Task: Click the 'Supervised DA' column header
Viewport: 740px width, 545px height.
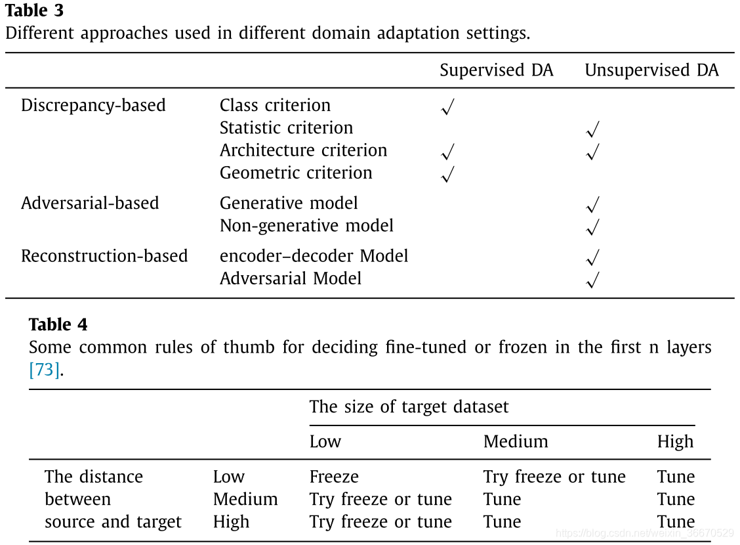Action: [496, 70]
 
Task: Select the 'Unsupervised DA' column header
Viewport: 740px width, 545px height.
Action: [651, 70]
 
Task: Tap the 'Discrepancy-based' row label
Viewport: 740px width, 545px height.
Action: [93, 105]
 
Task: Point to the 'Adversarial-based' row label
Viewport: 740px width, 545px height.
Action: [90, 203]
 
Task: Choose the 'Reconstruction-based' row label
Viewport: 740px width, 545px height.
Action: [104, 255]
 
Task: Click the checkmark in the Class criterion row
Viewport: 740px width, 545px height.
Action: [447, 107]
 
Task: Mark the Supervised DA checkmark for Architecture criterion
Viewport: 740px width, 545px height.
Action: [447, 152]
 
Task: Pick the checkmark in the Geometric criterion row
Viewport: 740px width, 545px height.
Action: [447, 175]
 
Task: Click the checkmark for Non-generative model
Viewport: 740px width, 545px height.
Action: [592, 228]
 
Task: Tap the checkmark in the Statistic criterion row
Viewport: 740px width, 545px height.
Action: [592, 130]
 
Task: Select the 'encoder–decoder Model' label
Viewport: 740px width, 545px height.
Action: [314, 255]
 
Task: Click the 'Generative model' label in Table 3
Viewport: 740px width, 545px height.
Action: [289, 203]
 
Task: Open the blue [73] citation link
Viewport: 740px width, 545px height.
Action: [45, 370]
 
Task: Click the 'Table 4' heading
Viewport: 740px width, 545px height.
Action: [58, 324]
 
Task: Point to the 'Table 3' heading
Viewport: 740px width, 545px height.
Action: [35, 11]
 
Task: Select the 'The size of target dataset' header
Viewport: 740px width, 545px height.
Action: [409, 406]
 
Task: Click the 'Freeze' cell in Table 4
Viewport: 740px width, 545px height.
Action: [334, 477]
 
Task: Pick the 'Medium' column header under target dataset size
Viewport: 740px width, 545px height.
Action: [516, 441]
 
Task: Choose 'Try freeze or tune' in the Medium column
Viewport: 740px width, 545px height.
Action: [554, 477]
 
